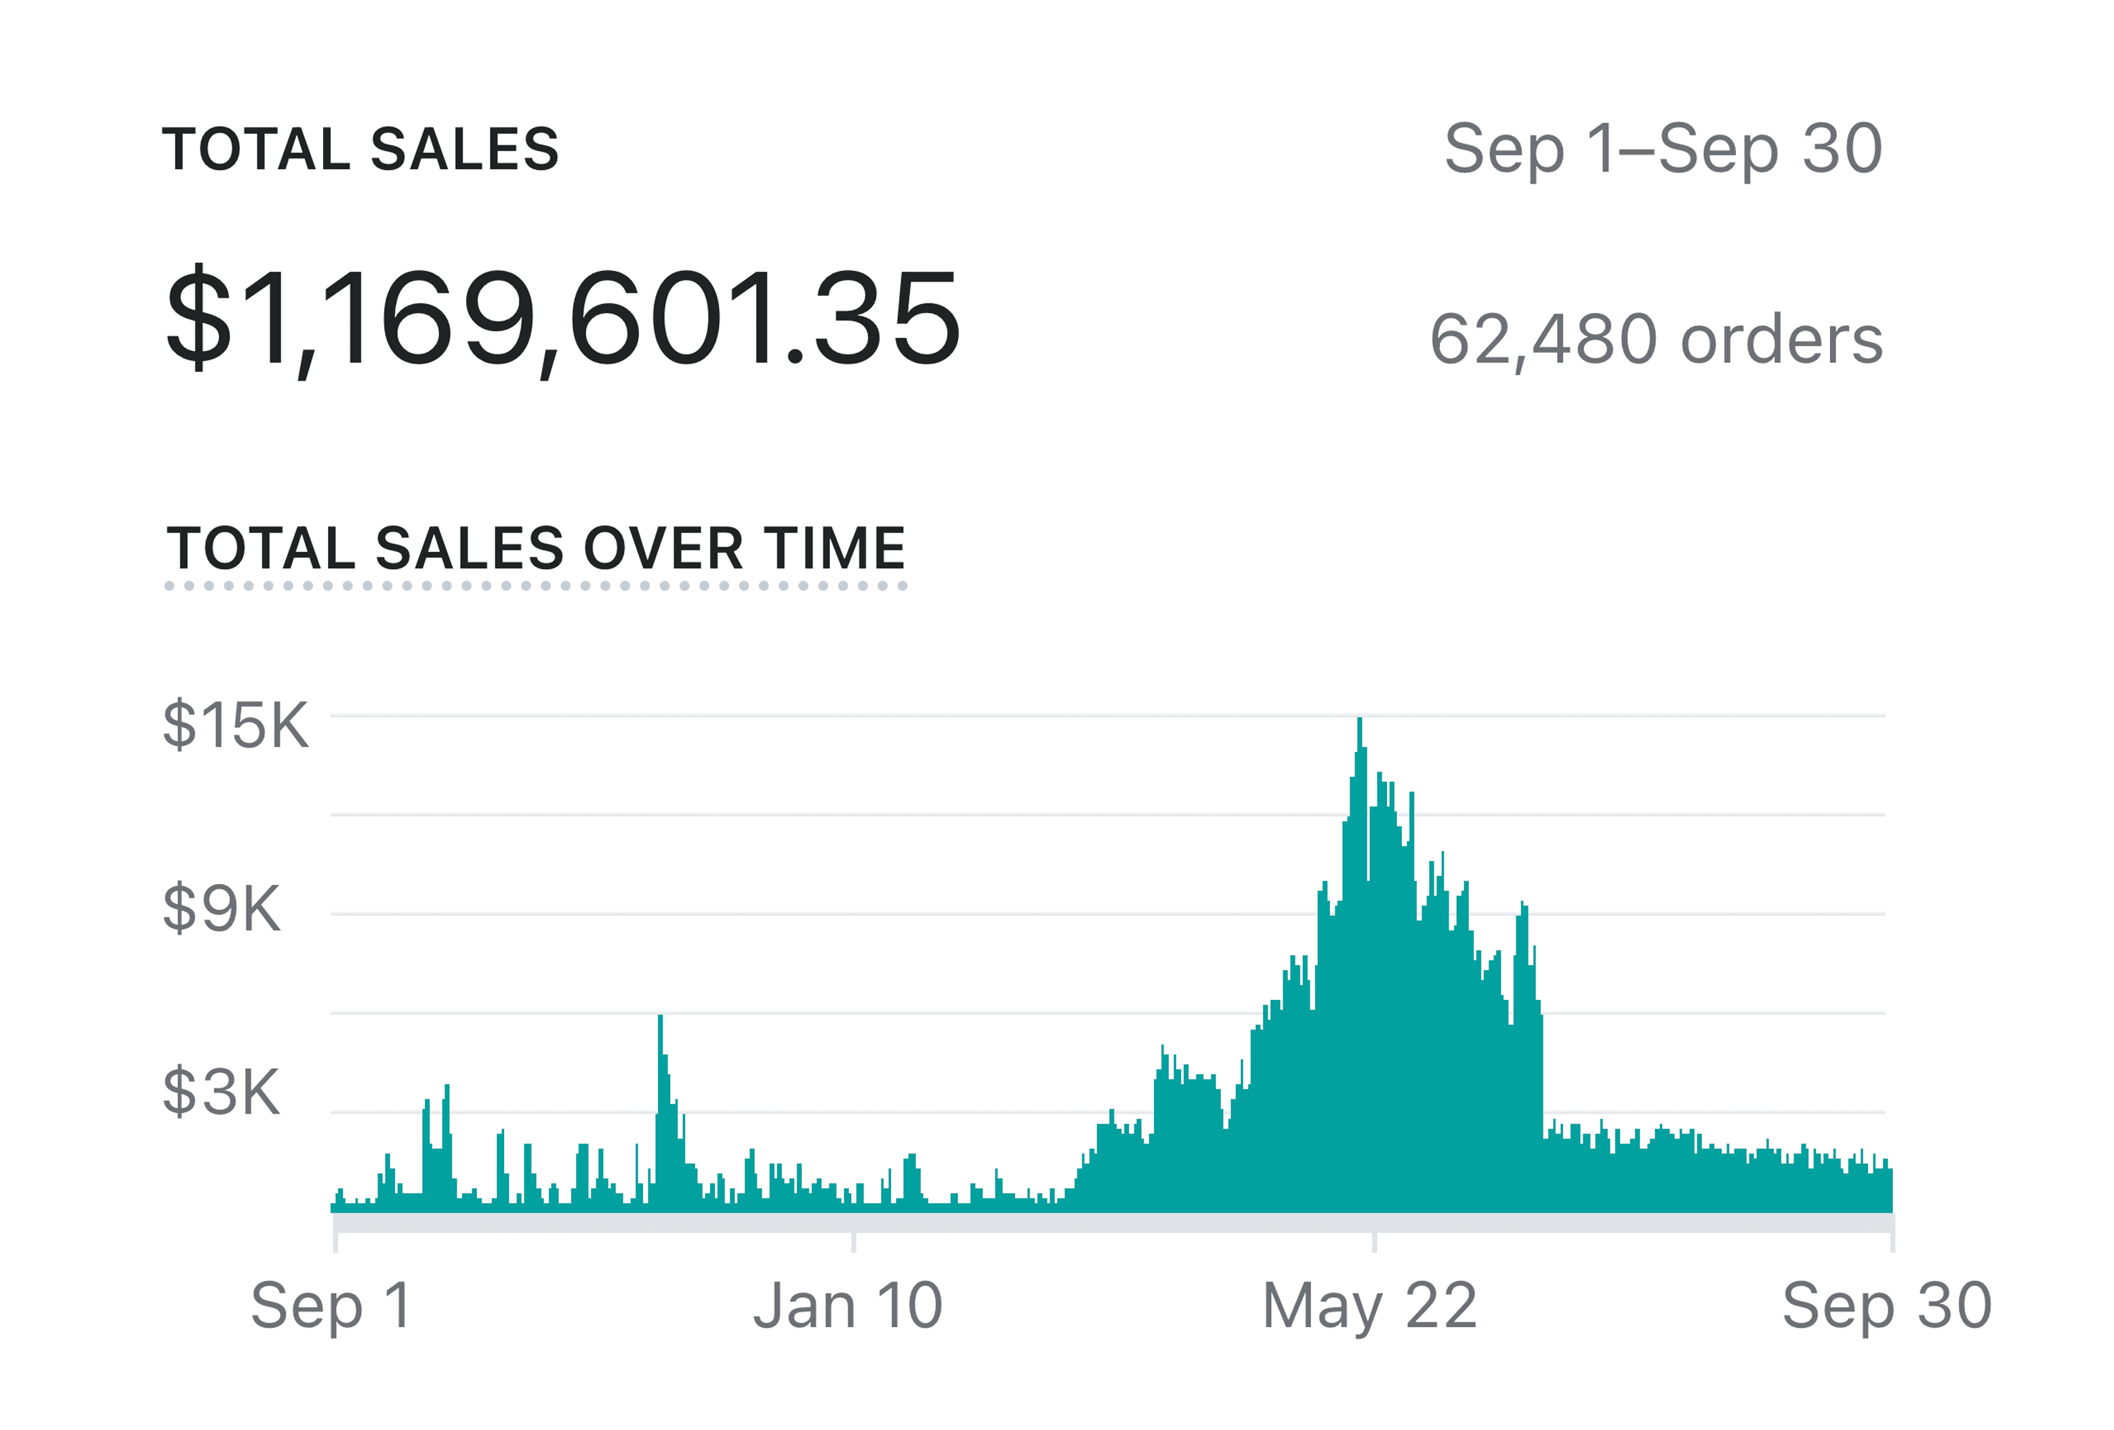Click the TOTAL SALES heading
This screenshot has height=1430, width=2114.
point(360,150)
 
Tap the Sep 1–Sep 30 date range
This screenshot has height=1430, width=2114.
point(1662,149)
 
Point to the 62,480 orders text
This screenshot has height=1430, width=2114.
point(1655,339)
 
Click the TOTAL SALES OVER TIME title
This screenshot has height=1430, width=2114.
point(536,549)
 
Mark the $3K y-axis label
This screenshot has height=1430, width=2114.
point(221,1091)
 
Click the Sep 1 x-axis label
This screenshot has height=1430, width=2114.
point(331,1305)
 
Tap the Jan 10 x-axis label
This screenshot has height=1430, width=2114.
point(848,1305)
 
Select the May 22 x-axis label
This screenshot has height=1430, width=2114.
point(1369,1305)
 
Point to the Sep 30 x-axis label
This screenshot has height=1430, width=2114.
point(1886,1305)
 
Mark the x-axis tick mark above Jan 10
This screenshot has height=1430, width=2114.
point(853,1242)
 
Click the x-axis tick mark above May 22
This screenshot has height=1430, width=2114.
point(1373,1242)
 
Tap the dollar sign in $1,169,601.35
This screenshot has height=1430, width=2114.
point(199,318)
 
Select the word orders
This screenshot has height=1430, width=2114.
point(1781,339)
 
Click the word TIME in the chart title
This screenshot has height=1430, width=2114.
point(834,549)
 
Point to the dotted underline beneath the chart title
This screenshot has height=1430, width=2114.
point(536,586)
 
